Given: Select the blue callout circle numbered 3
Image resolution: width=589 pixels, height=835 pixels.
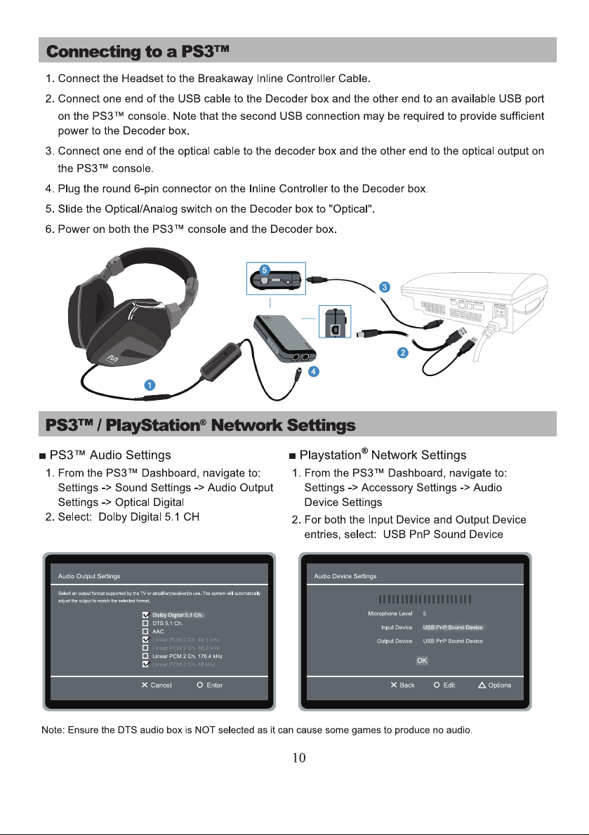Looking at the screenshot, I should pos(385,286).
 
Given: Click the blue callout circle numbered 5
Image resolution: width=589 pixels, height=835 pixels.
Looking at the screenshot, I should pos(265,268).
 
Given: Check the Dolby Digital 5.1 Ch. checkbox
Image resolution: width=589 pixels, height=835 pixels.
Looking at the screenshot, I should pos(145,615).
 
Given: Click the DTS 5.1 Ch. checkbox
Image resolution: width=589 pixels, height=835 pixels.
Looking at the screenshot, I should pos(145,623).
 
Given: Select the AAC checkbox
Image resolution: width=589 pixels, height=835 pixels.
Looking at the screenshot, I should pos(145,632).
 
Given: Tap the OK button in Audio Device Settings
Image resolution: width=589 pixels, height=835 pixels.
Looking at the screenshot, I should pos(422,660).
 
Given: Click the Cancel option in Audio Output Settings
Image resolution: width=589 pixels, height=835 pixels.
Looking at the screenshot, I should pos(157,685).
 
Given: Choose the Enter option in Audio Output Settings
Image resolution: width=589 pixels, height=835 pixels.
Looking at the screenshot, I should pos(210,685).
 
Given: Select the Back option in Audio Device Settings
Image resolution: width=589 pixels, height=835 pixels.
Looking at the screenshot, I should pos(403,685).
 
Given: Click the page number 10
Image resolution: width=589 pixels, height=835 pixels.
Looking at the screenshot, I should pos(299,758).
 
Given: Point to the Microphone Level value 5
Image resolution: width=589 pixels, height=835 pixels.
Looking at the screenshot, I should pos(425,613).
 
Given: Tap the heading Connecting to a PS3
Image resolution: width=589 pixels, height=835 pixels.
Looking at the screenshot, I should pos(138,51).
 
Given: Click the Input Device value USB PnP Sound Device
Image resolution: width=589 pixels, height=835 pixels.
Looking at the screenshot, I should pos(453,627).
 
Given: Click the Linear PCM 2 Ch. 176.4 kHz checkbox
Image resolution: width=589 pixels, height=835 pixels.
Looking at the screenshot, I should pos(145,655).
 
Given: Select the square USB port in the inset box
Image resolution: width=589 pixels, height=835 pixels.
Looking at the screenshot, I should pos(336,326).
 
